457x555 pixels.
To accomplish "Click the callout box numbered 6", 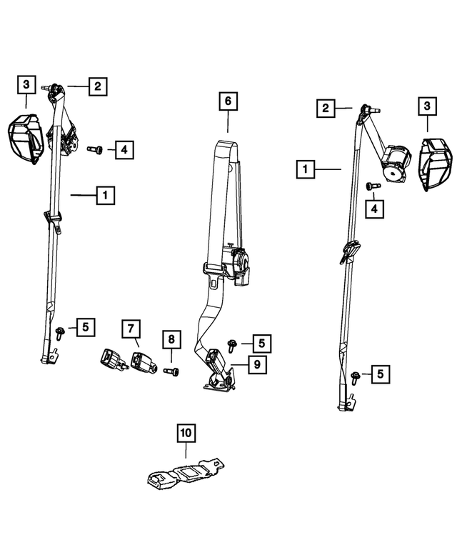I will pyautogui.click(x=228, y=102).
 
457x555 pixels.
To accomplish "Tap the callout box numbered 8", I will pyautogui.click(x=171, y=339).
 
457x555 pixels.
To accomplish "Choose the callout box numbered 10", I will pyautogui.click(x=186, y=433).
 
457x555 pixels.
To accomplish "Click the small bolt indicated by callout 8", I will pyautogui.click(x=172, y=371).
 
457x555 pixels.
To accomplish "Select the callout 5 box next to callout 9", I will pyautogui.click(x=261, y=344).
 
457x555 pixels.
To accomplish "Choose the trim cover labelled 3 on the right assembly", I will pyautogui.click(x=433, y=165).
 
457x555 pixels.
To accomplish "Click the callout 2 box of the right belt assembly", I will pyautogui.click(x=326, y=109).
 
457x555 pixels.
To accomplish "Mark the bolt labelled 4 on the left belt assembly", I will pyautogui.click(x=96, y=150).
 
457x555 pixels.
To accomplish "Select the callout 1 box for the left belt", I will pyautogui.click(x=105, y=194).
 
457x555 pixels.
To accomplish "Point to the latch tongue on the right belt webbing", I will pyautogui.click(x=349, y=251).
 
